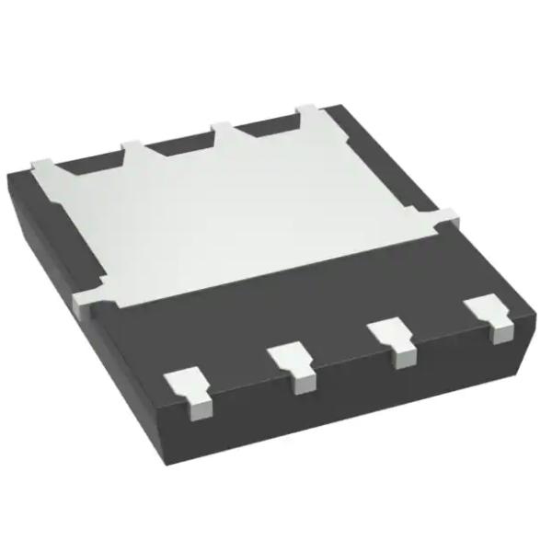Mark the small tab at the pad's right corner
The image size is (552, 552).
(x=443, y=219)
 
